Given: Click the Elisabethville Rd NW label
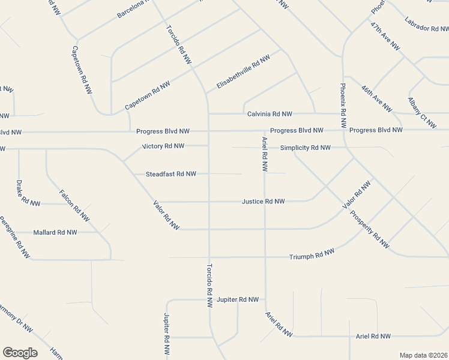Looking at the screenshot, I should pyautogui.click(x=243, y=72).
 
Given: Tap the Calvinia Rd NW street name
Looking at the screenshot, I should pyautogui.click(x=270, y=114).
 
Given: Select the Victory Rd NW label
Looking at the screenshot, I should pyautogui.click(x=163, y=146).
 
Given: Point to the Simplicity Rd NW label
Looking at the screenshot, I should pyautogui.click(x=305, y=148).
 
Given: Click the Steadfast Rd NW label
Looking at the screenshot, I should pyautogui.click(x=171, y=174).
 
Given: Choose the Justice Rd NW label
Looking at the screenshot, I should pyautogui.click(x=263, y=202).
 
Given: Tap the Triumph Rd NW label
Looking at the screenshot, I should pyautogui.click(x=312, y=256).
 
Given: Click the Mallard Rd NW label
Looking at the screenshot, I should pyautogui.click(x=55, y=232).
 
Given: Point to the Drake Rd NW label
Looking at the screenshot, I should pyautogui.click(x=28, y=192).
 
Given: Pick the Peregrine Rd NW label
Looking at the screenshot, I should pyautogui.click(x=14, y=238).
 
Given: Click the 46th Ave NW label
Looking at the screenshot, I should pyautogui.click(x=376, y=98).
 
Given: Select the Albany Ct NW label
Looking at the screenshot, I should pyautogui.click(x=422, y=113).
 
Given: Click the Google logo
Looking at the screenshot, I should pyautogui.click(x=20, y=353).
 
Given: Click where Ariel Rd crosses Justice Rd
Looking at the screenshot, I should pyautogui.click(x=265, y=202).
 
